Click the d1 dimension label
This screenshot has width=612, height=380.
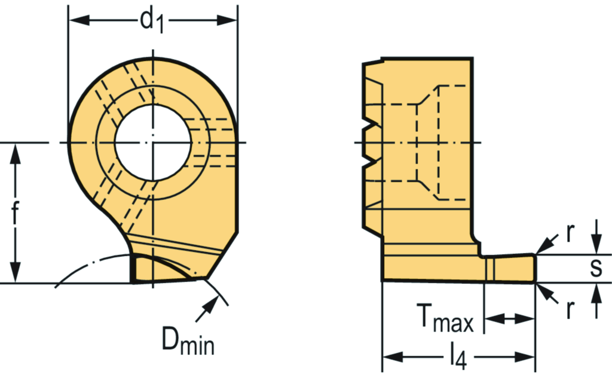(152, 22)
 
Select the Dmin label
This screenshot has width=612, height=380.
(188, 341)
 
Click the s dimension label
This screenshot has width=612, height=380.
(596, 268)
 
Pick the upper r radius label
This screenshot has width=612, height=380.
(570, 233)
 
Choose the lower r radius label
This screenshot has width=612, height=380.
(570, 309)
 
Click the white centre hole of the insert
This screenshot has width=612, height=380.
(153, 142)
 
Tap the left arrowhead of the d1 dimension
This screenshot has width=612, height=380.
(79, 20)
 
